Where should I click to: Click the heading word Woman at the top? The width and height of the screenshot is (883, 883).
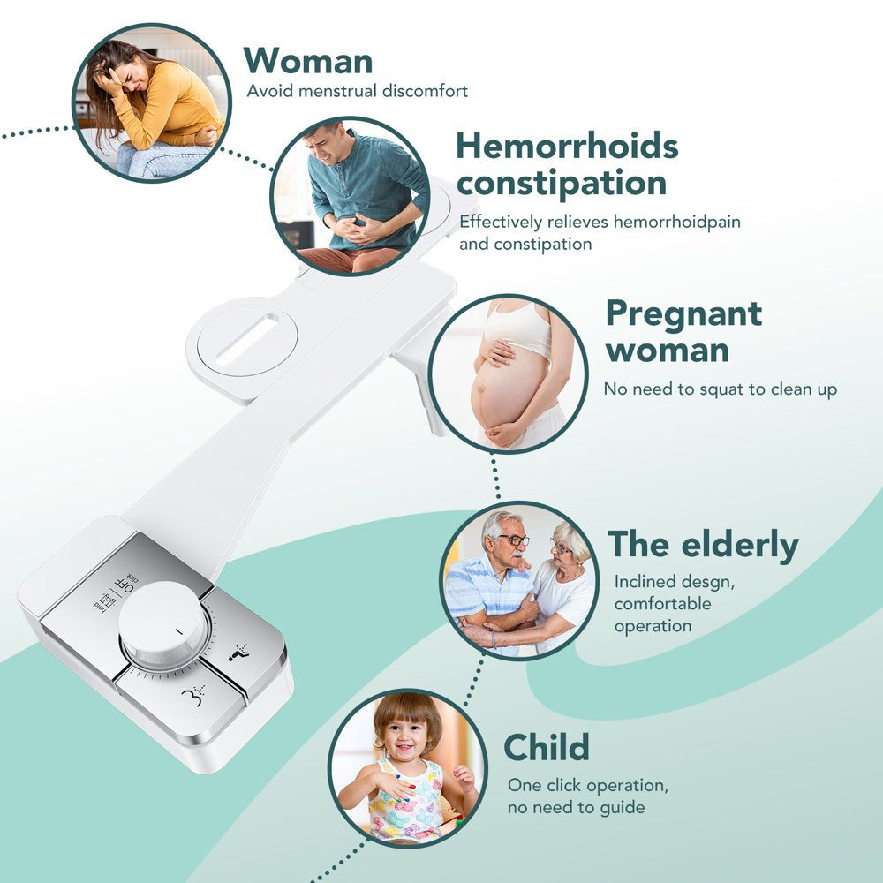tap(308, 61)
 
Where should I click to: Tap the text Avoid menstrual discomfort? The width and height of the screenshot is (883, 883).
tap(357, 91)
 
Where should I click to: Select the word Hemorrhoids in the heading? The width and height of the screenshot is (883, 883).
tap(567, 146)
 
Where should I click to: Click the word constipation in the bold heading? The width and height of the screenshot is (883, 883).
tap(561, 184)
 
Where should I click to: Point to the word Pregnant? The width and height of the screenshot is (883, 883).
tap(683, 313)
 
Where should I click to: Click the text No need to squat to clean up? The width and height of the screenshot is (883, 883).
tap(720, 389)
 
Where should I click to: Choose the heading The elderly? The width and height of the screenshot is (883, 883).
tap(703, 546)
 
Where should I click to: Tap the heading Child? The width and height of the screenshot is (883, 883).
tap(547, 748)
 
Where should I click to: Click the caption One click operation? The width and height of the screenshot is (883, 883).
tap(587, 785)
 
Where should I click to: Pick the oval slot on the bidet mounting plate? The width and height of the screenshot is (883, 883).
tap(246, 337)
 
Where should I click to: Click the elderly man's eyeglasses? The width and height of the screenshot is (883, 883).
tap(513, 540)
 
